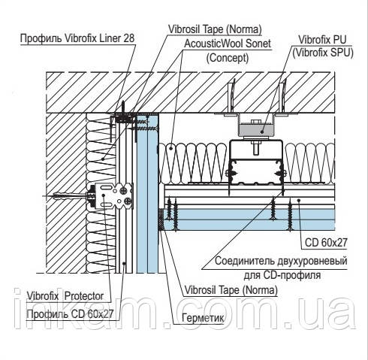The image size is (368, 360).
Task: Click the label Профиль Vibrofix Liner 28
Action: tap(77, 38)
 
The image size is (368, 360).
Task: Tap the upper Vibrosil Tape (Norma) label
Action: tap(215, 29)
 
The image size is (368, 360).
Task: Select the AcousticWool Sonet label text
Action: tap(228, 44)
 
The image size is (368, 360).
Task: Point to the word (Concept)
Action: tap(228, 58)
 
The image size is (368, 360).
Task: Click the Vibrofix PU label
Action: tap(322, 40)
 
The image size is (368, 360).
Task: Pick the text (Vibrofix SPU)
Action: tap(323, 53)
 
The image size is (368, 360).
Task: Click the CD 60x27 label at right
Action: tap(326, 242)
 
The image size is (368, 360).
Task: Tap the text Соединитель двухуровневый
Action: tap(281, 261)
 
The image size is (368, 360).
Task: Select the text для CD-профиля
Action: tap(282, 275)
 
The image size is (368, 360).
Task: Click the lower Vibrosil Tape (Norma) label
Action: tap(231, 290)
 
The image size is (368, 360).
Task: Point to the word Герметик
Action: tap(203, 318)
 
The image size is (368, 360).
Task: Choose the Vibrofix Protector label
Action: tap(65, 296)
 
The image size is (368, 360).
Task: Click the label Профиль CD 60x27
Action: tap(70, 314)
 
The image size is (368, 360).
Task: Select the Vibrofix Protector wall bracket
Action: tap(114, 196)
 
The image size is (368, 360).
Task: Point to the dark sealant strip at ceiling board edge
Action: tap(161, 219)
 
